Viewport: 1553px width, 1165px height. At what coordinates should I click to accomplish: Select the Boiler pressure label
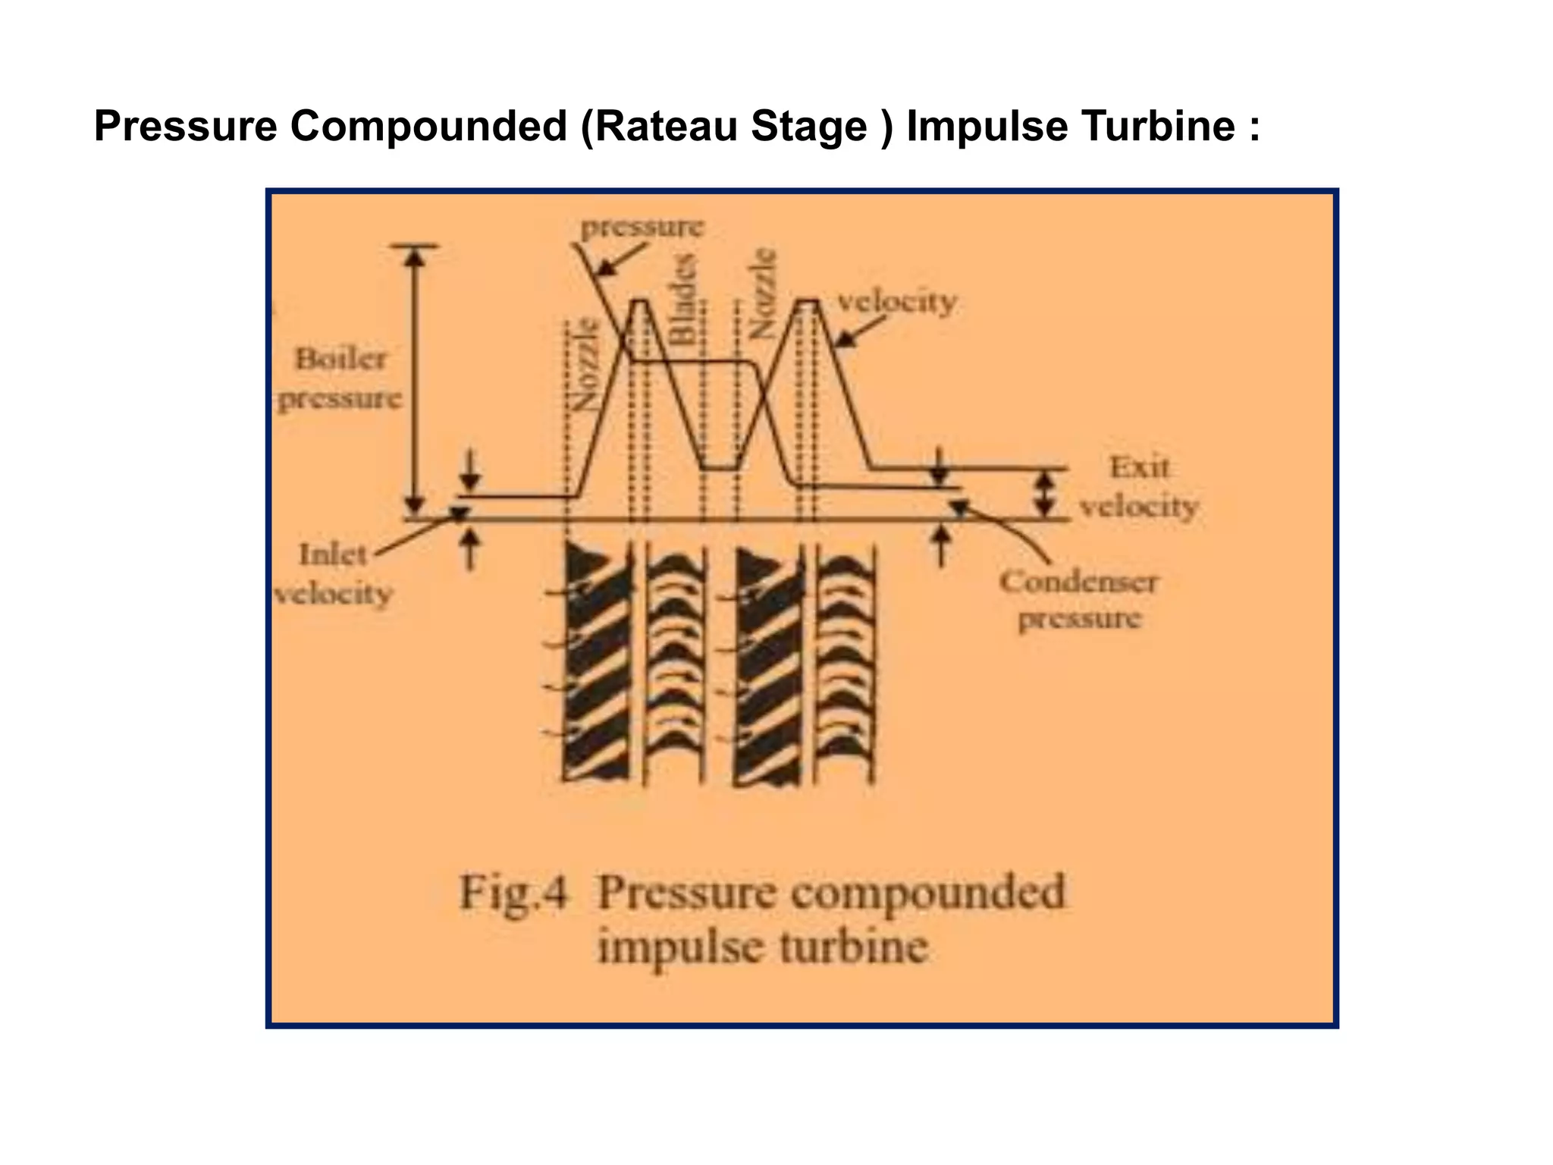tap(340, 378)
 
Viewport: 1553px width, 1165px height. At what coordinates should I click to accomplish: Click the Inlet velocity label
tap(333, 574)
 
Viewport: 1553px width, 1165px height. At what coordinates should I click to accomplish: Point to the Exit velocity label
tap(1138, 487)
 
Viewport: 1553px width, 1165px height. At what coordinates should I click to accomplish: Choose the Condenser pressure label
tap(1078, 600)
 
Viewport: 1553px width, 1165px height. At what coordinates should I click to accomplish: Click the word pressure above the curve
tap(642, 226)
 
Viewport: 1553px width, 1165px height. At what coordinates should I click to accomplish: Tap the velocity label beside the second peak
tap(896, 302)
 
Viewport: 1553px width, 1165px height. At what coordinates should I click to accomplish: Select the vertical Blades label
tap(684, 299)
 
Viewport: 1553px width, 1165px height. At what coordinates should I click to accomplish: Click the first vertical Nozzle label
tap(585, 364)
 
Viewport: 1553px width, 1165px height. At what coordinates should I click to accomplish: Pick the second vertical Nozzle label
tap(762, 292)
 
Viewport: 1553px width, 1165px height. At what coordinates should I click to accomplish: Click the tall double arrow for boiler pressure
tap(414, 379)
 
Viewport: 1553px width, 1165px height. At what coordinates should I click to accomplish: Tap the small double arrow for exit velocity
tap(1046, 494)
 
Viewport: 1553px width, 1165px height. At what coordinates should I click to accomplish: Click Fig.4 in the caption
tap(513, 892)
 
